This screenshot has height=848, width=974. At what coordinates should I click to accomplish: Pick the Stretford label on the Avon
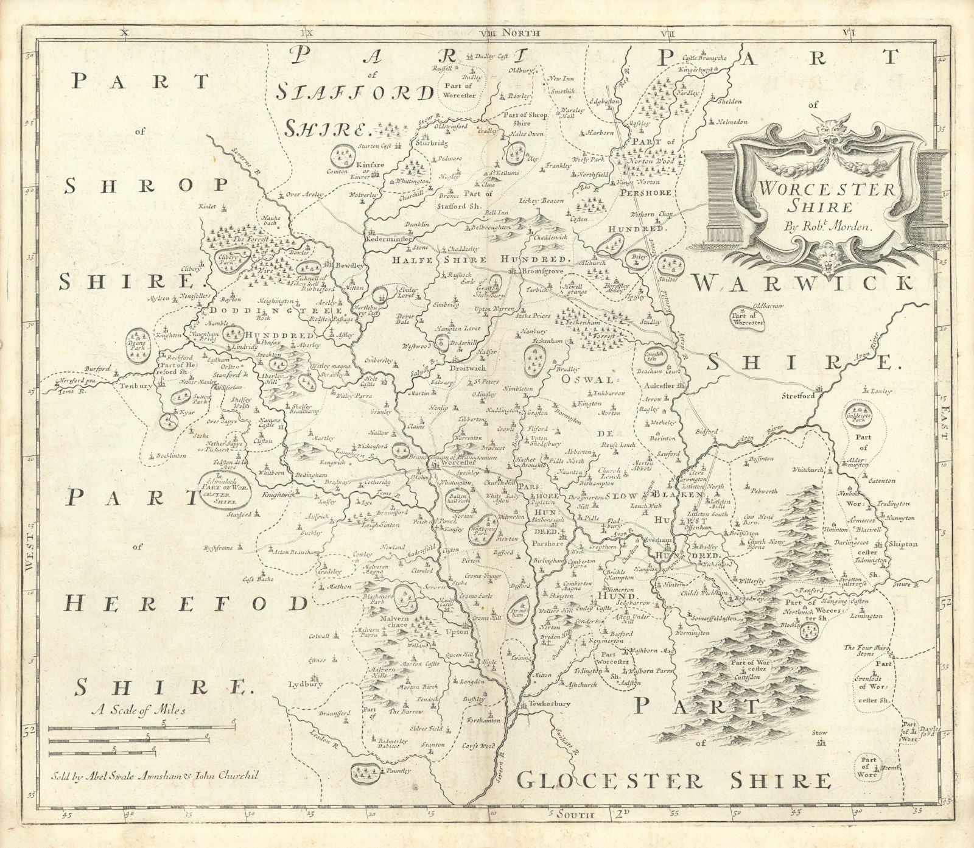(x=799, y=396)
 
